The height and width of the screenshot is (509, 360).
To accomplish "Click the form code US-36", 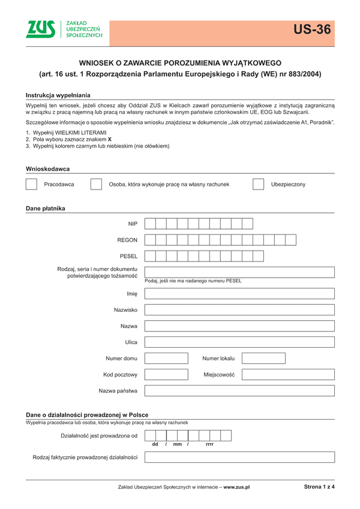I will [312, 29].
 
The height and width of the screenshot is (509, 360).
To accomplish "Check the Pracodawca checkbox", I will [32, 184].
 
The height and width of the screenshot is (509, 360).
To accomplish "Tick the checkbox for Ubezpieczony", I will [258, 184].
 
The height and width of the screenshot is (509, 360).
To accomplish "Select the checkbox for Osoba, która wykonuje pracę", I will [96, 184].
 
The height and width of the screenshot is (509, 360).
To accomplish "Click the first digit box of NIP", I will [150, 224].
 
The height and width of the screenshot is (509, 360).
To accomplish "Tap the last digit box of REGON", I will [290, 240].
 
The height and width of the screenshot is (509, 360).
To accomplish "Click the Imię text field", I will [239, 294].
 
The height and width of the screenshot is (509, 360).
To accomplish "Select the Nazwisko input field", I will [239, 310].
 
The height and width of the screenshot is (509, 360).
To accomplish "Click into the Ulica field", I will [239, 342].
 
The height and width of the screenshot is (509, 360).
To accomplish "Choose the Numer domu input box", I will [166, 359].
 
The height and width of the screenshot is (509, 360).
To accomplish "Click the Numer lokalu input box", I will [263, 359].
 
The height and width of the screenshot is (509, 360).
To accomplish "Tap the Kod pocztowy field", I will [166, 375].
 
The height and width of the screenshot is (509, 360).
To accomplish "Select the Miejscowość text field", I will [288, 375].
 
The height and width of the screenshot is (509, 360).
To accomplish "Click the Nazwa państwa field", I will [239, 391].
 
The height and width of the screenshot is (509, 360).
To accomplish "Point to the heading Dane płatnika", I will [46, 209].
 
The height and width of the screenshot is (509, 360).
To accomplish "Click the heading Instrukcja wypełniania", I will [58, 95].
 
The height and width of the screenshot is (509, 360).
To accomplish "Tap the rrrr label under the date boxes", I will [209, 444].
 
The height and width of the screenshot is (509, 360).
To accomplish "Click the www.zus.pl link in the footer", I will [236, 487].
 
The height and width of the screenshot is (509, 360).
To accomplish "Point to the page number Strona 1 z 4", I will [319, 487].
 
